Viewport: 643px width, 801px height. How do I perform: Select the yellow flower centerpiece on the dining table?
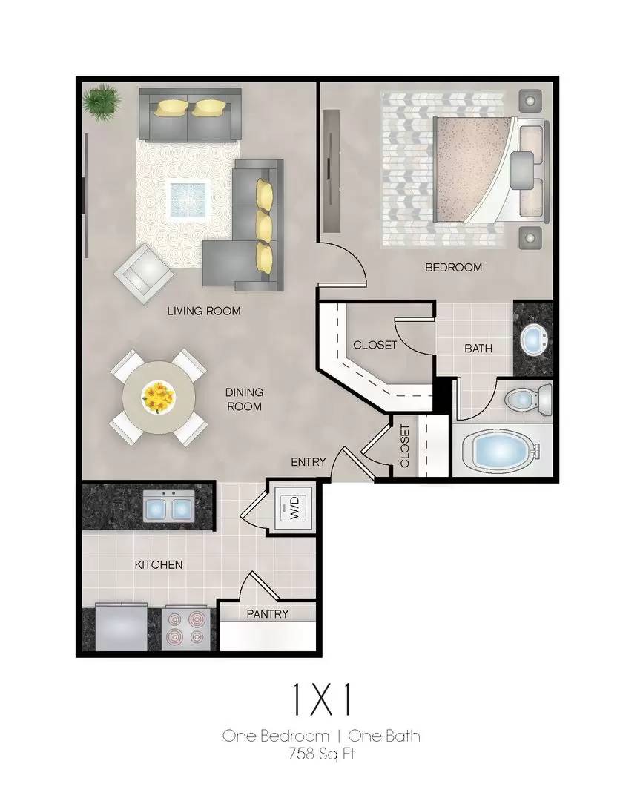pyautogui.click(x=159, y=395)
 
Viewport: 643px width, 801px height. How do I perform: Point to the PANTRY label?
pyautogui.click(x=267, y=613)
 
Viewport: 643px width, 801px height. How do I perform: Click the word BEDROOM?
pyautogui.click(x=452, y=267)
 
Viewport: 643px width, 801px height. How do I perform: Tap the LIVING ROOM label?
pyautogui.click(x=203, y=311)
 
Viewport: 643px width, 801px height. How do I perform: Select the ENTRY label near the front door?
pyautogui.click(x=308, y=461)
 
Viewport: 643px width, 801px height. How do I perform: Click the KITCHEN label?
pyautogui.click(x=158, y=564)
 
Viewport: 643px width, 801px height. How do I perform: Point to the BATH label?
pyautogui.click(x=478, y=348)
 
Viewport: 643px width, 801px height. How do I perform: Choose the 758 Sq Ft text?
pyautogui.click(x=321, y=755)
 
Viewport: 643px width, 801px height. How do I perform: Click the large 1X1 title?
pyautogui.click(x=321, y=700)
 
